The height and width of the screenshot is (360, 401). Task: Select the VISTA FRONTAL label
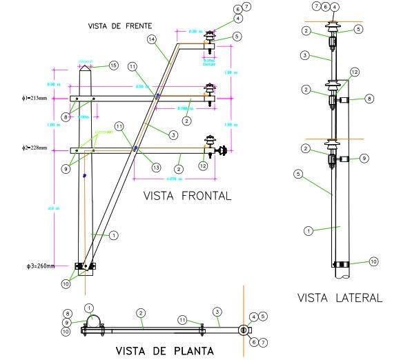187,196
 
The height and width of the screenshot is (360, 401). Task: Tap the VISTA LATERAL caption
339,298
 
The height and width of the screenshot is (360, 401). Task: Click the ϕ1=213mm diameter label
34,99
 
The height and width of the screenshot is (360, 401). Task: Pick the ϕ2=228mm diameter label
34,148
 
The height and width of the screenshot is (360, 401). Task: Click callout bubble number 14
151,41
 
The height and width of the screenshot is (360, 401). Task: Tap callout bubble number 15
115,66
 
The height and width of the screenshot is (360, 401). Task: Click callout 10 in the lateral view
373,262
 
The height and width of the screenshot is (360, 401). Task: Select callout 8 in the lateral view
369,99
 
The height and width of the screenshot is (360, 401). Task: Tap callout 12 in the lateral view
354,72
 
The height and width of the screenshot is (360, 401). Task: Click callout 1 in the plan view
88,308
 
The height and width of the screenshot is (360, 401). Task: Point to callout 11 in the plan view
182,319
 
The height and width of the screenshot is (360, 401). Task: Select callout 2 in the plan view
140,312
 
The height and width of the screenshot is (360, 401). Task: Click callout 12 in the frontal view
202,165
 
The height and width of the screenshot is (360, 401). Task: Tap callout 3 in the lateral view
306,54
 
